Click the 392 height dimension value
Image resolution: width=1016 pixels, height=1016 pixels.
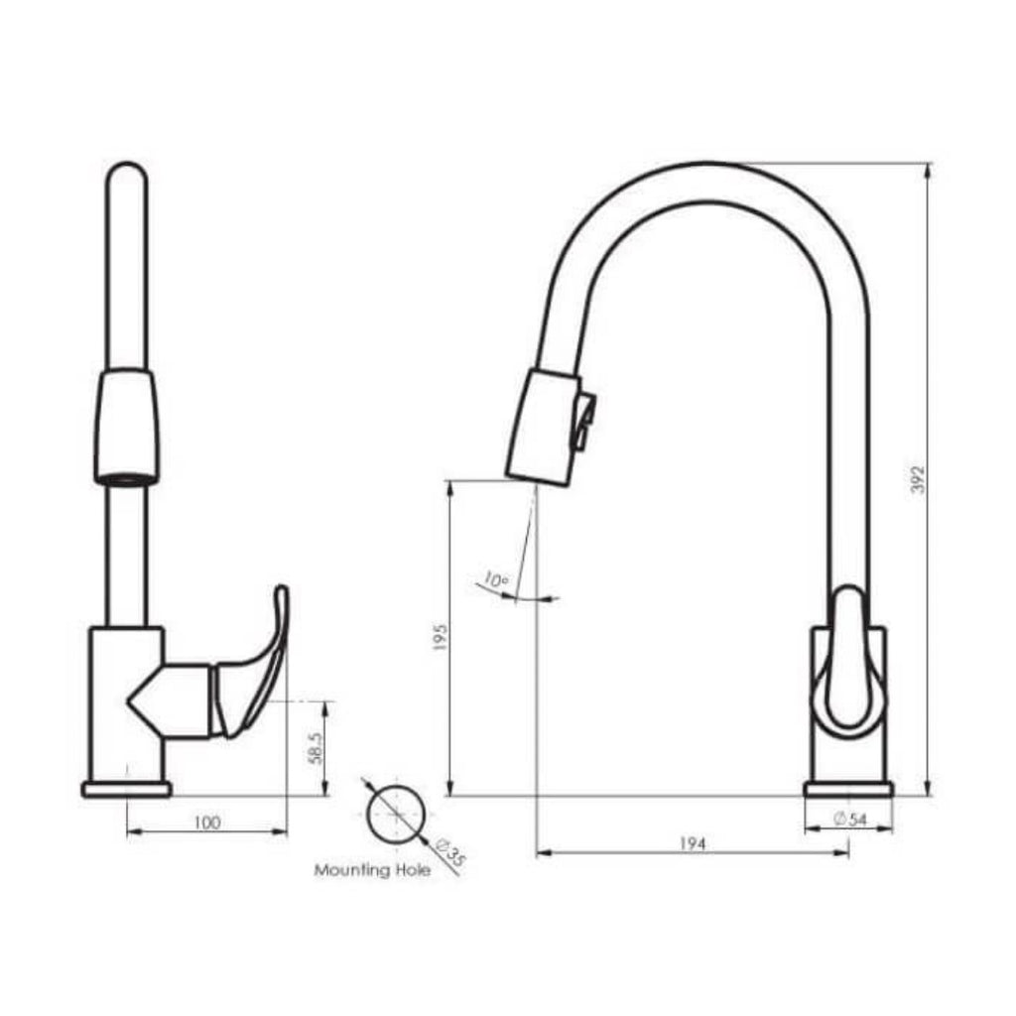[x=918, y=479]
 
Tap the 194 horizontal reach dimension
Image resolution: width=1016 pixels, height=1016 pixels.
[x=692, y=843]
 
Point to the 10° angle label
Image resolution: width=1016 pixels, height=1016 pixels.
[x=495, y=578]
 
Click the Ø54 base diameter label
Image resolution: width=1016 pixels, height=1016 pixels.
[x=851, y=818]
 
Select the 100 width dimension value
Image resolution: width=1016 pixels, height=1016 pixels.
[x=207, y=822]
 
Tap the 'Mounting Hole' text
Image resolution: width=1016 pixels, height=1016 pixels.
[x=372, y=871]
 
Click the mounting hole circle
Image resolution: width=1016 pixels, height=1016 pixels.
[x=396, y=813]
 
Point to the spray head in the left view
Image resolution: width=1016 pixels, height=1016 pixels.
[x=126, y=427]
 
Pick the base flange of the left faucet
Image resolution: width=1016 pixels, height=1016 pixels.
[x=126, y=790]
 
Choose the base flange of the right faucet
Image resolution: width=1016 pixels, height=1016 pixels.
[x=848, y=790]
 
